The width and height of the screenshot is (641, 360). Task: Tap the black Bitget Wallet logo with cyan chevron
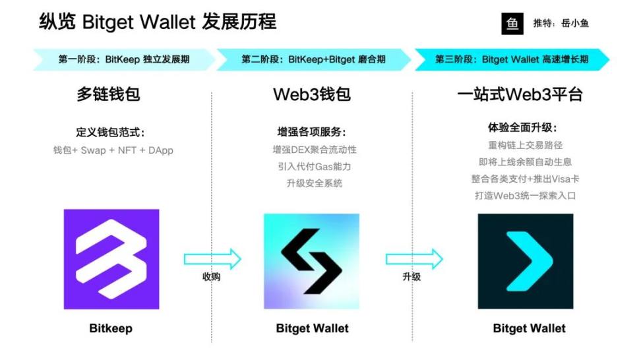526,261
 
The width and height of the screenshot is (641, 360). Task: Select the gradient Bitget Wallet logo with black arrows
311,261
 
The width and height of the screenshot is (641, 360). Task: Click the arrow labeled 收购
212,259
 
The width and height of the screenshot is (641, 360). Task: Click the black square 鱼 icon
512,23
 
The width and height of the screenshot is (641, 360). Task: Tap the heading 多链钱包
108,94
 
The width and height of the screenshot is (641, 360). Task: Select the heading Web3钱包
311,94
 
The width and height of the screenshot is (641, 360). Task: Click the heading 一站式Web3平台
520,94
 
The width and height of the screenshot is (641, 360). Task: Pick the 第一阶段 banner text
124,59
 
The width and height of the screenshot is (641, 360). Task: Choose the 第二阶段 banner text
313,59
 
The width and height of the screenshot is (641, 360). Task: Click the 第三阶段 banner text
511,59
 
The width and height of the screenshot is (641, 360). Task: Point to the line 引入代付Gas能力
314,166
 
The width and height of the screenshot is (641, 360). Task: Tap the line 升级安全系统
314,183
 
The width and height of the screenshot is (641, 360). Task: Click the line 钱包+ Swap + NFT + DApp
113,150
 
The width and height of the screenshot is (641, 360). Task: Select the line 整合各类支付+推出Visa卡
525,179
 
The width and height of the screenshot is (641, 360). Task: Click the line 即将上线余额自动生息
525,162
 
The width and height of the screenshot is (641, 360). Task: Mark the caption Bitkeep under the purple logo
111,328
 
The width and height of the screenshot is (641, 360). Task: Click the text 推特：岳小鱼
561,23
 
